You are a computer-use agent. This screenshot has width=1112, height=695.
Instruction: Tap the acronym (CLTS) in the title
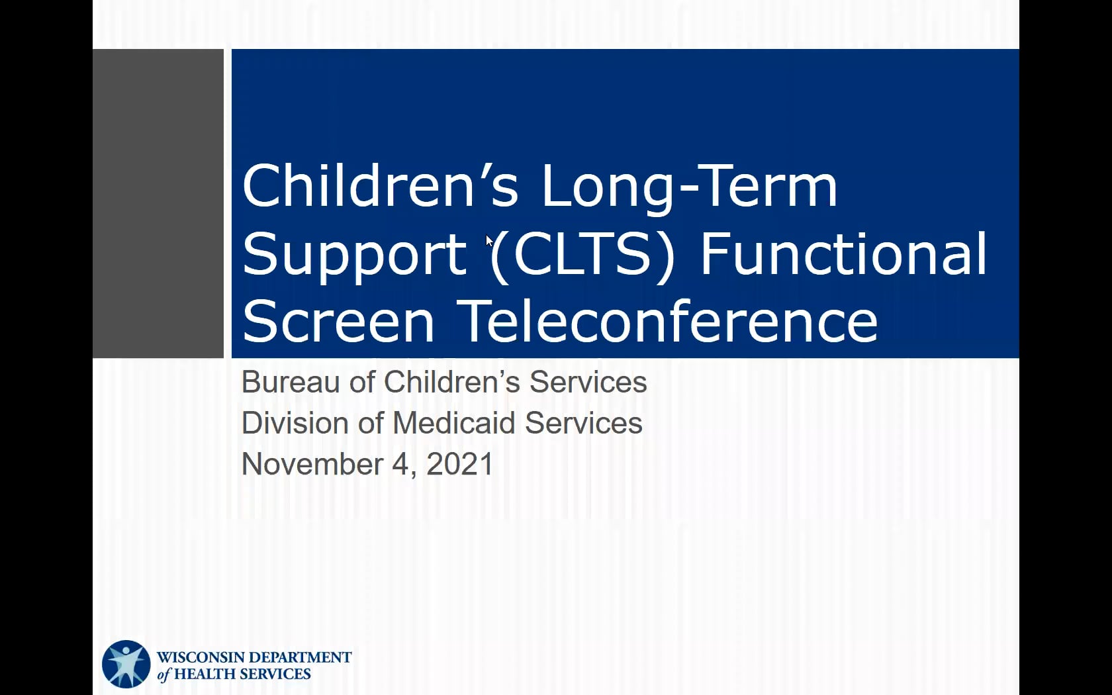(x=582, y=254)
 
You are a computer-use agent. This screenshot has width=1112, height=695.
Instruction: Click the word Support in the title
(x=355, y=255)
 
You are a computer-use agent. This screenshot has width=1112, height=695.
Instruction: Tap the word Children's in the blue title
(x=380, y=185)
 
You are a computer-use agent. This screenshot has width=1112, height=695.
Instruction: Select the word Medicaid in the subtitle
(x=454, y=423)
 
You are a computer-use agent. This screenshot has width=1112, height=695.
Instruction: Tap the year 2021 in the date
(x=459, y=465)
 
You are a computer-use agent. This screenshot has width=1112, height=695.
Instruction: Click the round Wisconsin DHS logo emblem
(x=126, y=665)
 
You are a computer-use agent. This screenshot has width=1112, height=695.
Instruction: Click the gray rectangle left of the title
(x=158, y=204)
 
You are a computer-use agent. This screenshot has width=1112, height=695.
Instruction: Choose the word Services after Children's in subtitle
(x=588, y=383)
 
